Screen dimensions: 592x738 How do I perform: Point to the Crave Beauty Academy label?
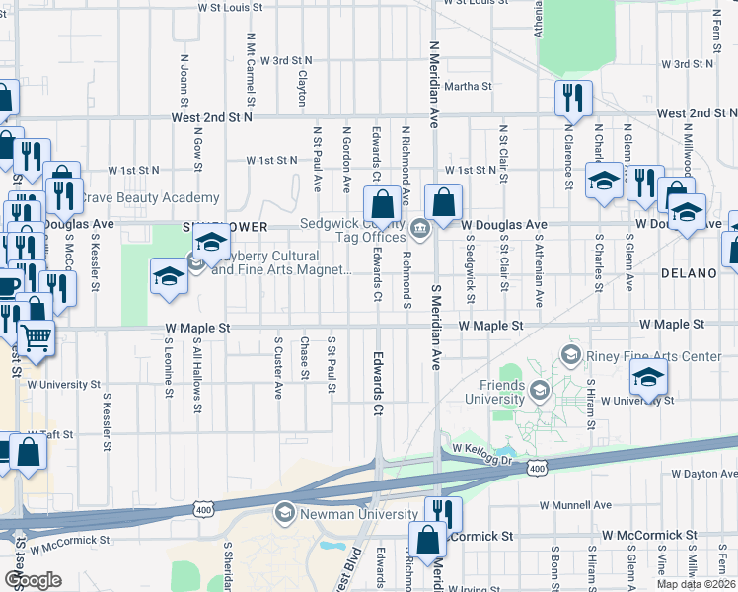(x=149, y=198)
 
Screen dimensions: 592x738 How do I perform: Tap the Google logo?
(x=33, y=580)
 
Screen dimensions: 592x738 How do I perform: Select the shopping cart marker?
(x=37, y=338)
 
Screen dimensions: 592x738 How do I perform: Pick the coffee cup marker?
(x=7, y=286)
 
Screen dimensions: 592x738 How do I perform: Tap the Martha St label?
(x=468, y=87)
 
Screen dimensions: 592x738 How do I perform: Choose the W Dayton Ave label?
(x=704, y=475)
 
